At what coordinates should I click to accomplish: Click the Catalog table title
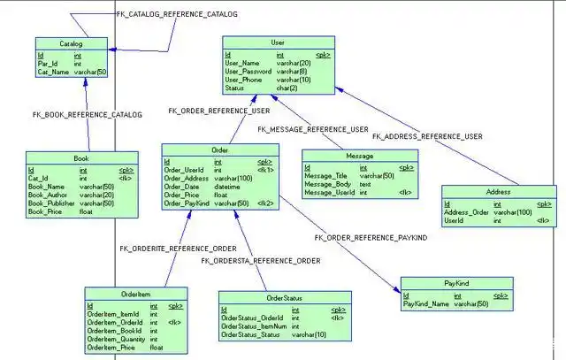pos(71,42)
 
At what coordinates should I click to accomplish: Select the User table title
pos(278,42)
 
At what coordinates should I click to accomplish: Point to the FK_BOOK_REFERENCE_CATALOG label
pos(87,115)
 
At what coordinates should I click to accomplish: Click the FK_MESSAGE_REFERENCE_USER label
pos(312,130)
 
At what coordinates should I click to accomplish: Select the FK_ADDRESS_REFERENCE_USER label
pos(427,136)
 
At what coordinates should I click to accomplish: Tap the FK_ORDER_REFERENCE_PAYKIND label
pos(370,238)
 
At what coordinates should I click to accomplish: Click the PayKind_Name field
pos(425,303)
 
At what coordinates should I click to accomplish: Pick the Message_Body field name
pos(325,184)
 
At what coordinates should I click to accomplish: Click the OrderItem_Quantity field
pos(114,340)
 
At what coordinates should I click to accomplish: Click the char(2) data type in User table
pos(287,88)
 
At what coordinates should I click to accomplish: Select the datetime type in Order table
pos(227,187)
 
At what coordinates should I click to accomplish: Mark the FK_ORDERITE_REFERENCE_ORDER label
pos(178,249)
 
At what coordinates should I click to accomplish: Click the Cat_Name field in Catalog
pos(52,72)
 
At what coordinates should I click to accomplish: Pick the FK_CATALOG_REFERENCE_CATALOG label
pos(177,14)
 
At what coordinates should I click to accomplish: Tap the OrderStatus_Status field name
pos(251,334)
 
